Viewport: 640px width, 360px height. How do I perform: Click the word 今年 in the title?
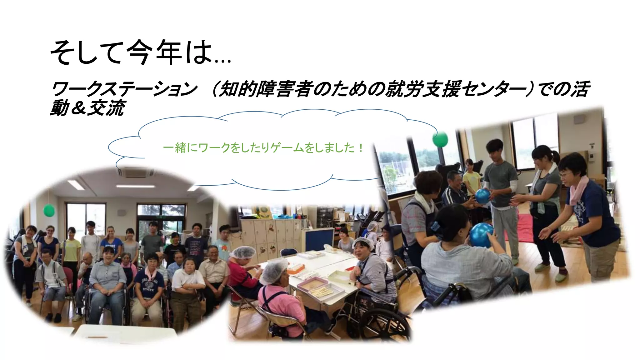[154, 52]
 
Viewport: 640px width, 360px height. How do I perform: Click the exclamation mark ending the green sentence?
[361, 147]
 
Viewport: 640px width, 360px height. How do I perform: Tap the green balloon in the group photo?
[49, 210]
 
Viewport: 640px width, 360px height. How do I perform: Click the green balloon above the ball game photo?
[440, 139]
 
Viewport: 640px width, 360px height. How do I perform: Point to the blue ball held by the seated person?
[481, 234]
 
